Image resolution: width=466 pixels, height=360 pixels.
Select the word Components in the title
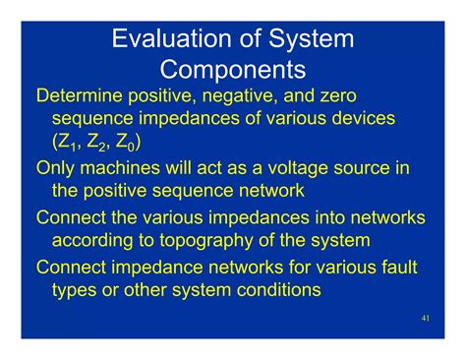coord(232,71)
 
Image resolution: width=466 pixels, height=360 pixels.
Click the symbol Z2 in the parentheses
coord(101,144)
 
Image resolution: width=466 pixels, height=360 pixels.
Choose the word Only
coord(56,168)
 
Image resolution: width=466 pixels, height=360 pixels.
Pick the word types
coord(76,290)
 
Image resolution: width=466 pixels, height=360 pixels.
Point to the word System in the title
coord(299,40)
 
